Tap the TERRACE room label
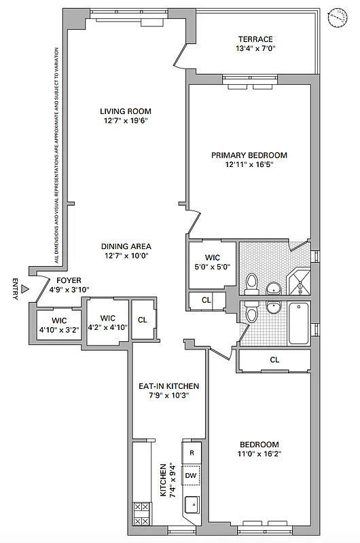coord(255,39)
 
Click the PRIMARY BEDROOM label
coord(249,155)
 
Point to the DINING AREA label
coord(126,246)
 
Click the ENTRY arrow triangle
coord(24,289)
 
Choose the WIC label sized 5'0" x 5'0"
coord(213,257)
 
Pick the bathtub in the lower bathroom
coord(299,324)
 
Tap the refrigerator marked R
coord(192,452)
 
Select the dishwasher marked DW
coord(192,476)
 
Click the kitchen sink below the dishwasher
coord(192,504)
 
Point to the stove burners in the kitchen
coord(142,512)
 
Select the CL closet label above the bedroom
coord(274,360)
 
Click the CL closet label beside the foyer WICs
coord(143,320)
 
